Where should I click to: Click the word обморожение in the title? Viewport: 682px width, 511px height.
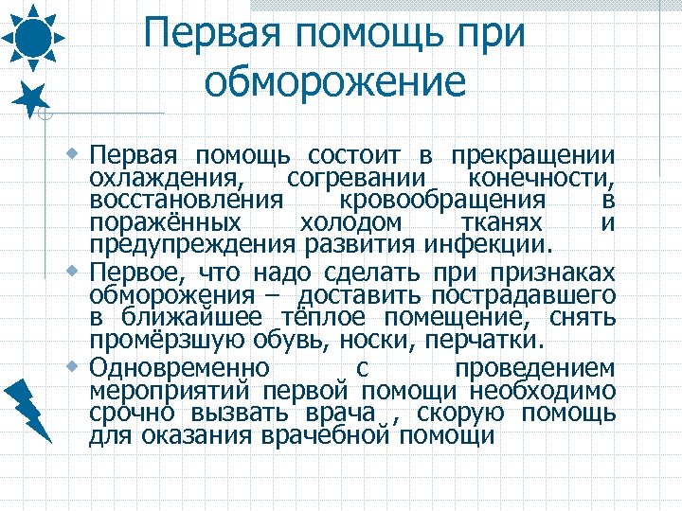coord(335,82)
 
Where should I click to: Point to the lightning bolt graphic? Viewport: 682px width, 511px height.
coord(32,408)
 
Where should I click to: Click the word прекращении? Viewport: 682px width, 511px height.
coord(533,155)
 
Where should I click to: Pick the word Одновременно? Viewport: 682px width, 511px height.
coord(180,367)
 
